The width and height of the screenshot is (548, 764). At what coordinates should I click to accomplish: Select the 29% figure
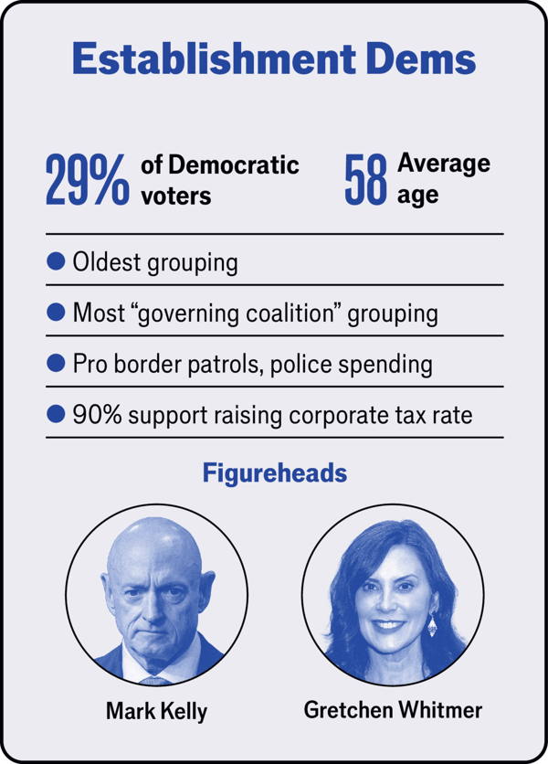(x=87, y=180)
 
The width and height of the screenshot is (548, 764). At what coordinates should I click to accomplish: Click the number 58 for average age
(x=366, y=180)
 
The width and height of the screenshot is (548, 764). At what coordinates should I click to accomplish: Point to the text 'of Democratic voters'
(x=219, y=180)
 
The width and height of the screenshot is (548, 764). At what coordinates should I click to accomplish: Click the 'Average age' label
(x=444, y=178)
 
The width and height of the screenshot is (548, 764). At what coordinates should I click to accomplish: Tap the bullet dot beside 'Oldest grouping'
(x=56, y=262)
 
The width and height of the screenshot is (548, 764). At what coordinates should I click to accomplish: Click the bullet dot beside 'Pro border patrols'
(x=56, y=363)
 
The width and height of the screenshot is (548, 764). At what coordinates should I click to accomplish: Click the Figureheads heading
(x=274, y=473)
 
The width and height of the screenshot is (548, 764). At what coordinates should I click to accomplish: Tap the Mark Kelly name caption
(x=156, y=709)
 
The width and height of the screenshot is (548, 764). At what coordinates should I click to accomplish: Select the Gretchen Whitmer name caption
(x=393, y=709)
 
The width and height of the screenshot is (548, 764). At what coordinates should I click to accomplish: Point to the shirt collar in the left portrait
(x=156, y=674)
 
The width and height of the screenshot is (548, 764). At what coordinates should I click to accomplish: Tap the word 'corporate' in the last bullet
(x=337, y=415)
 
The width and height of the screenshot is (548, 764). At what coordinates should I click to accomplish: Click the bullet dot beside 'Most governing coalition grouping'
(x=56, y=313)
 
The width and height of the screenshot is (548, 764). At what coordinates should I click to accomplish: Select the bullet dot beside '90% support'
(x=56, y=414)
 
